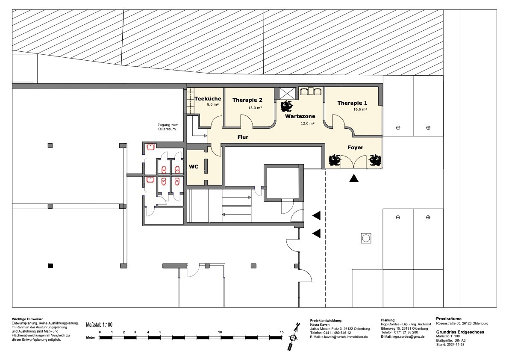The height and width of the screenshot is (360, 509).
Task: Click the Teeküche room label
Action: click(x=208, y=99)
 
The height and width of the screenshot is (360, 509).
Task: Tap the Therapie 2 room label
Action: click(x=247, y=100)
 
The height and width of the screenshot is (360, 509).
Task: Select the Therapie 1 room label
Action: click(x=352, y=103)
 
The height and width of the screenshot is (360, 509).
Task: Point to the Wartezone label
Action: click(x=300, y=116)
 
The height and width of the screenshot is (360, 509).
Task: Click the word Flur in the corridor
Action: click(x=243, y=137)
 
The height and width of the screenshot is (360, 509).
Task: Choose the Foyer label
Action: click(x=356, y=148)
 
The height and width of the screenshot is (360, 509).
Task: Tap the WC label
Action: click(x=194, y=167)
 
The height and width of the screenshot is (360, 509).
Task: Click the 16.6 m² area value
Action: click(x=360, y=109)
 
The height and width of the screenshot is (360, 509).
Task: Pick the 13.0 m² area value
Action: click(x=255, y=108)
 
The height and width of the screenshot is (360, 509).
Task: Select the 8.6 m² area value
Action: click(x=213, y=104)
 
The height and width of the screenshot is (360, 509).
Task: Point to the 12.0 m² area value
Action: click(x=307, y=124)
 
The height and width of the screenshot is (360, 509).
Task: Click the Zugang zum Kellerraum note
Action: click(x=168, y=127)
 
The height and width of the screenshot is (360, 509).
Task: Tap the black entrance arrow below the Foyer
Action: click(x=354, y=178)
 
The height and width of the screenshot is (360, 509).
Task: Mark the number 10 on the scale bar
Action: click(x=220, y=332)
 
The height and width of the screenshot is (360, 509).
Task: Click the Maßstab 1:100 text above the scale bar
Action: click(x=99, y=325)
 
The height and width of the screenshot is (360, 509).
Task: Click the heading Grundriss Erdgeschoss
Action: click(x=460, y=332)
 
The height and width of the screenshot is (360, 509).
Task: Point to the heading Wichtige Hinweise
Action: click(x=27, y=319)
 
